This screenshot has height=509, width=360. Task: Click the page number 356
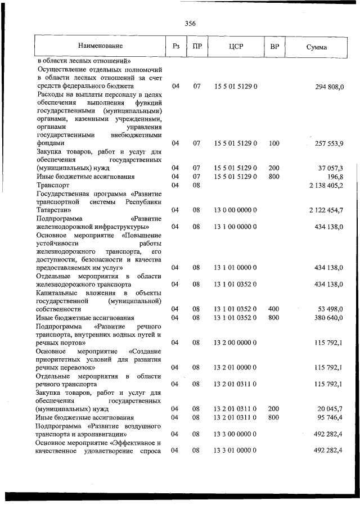190,23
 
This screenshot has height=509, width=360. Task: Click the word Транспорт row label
53,185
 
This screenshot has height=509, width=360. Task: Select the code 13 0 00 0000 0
236,210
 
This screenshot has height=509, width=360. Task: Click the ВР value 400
274,309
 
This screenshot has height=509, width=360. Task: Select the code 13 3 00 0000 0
236,434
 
